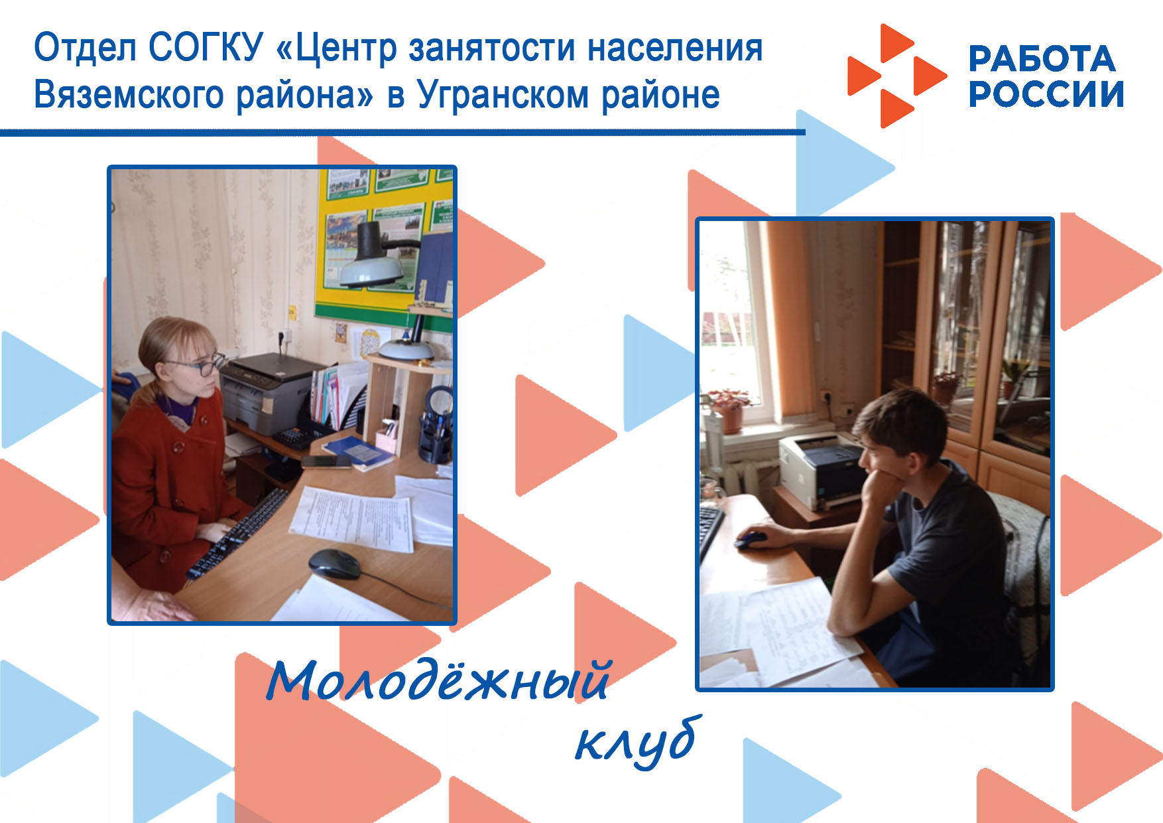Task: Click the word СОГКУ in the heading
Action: point(206,48)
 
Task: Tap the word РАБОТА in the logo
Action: point(1042,58)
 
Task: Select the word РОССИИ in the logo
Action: point(1046,94)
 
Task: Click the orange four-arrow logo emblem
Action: point(897,76)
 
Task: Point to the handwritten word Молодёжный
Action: point(438,680)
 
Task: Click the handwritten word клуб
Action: point(637,742)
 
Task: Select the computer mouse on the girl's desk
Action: point(335,563)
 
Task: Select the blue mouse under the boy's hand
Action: point(750,538)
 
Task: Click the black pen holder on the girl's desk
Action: point(435,439)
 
